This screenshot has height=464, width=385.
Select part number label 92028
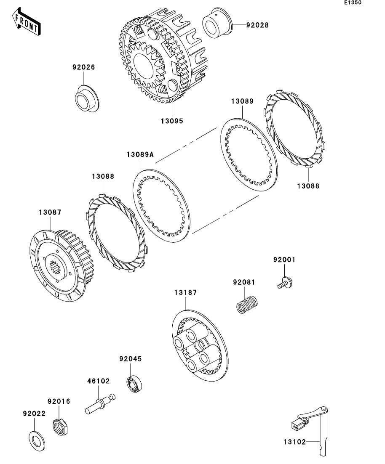click(x=257, y=25)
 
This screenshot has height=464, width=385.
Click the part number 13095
click(x=171, y=121)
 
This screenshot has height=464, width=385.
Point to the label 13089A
click(x=140, y=154)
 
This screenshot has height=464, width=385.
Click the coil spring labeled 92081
click(x=246, y=304)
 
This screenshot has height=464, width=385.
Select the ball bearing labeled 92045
click(x=134, y=383)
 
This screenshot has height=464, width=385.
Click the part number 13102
click(x=294, y=442)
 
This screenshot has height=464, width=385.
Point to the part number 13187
click(x=186, y=292)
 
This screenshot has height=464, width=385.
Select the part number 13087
click(x=51, y=212)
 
